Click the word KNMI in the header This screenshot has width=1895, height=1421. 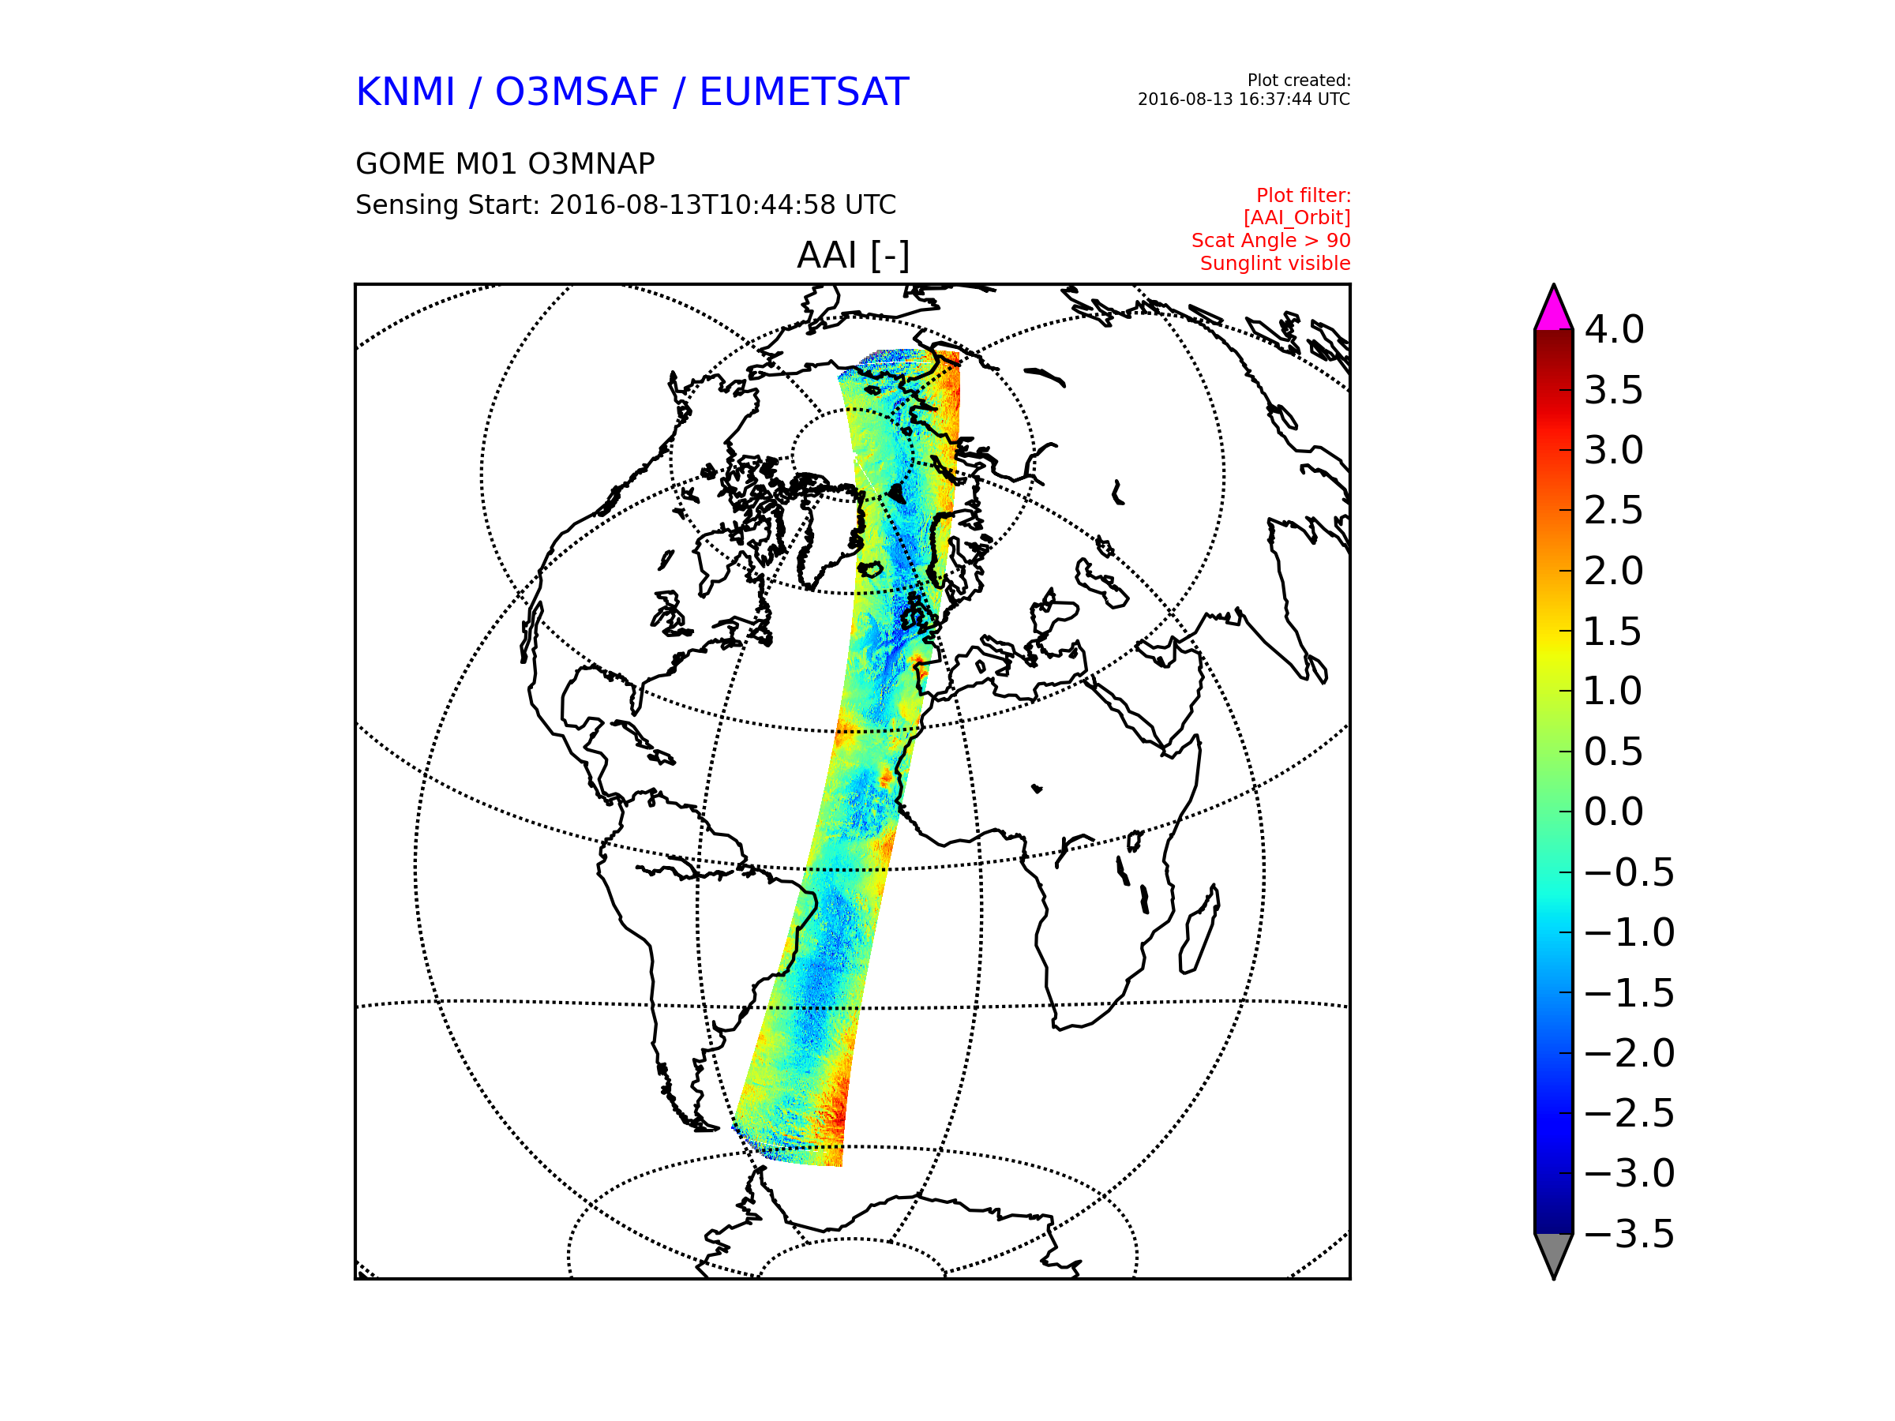click(405, 92)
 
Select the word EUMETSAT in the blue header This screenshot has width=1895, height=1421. click(804, 92)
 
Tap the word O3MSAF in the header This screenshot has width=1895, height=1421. click(577, 92)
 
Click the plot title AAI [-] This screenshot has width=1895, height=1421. click(854, 255)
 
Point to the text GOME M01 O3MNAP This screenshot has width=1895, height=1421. click(505, 163)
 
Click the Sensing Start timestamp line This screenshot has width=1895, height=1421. click(625, 205)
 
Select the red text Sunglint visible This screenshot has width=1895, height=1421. click(1274, 264)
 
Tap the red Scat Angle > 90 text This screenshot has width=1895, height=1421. click(1270, 241)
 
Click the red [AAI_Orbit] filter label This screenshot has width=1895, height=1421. click(1296, 219)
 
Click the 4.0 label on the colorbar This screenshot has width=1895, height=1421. click(1614, 330)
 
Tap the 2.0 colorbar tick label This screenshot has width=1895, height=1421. click(1614, 572)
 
